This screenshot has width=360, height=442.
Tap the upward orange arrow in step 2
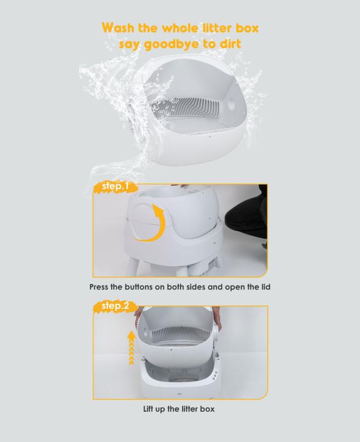(x=130, y=347)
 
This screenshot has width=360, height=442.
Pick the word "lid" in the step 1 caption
(x=263, y=287)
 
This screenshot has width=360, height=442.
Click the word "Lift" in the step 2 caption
(x=151, y=408)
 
